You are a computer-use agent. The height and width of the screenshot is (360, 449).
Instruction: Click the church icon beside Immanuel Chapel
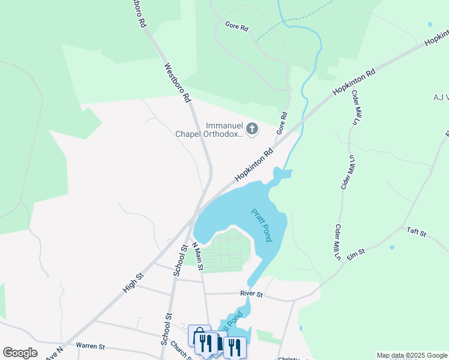click(x=252, y=128)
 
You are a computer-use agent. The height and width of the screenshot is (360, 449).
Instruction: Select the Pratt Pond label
click(x=262, y=225)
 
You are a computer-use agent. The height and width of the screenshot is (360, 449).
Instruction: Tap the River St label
click(x=252, y=294)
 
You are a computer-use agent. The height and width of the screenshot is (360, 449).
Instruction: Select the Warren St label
click(x=91, y=346)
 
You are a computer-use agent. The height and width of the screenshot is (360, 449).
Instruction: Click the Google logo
click(x=20, y=353)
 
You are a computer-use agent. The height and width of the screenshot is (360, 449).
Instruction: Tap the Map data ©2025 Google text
click(x=412, y=355)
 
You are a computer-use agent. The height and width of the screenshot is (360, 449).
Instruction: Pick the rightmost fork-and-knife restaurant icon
click(x=235, y=347)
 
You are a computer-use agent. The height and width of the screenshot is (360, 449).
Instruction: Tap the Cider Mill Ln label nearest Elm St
click(x=339, y=242)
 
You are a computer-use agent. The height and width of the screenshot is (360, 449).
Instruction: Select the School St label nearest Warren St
click(x=166, y=330)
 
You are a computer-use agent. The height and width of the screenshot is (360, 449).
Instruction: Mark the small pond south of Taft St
click(x=391, y=247)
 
